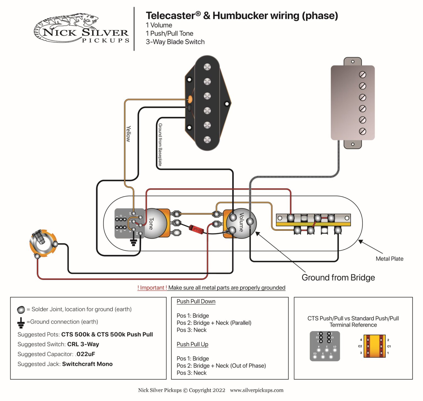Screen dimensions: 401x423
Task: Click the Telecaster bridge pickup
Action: (207, 103)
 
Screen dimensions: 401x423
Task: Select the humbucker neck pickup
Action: (352, 103)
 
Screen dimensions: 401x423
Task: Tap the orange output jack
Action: (43, 243)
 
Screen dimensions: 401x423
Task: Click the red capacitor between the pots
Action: (196, 229)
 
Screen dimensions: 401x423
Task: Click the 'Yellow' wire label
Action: (128, 134)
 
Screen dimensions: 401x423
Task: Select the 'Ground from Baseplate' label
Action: (160, 145)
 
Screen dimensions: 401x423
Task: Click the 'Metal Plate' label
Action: (389, 259)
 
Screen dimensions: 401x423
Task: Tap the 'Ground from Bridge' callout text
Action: (338, 277)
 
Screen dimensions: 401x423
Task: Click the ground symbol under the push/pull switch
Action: (134, 242)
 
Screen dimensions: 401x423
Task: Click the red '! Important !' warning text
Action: (152, 287)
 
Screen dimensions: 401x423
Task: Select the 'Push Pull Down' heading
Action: (196, 301)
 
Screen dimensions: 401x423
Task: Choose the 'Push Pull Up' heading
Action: (192, 344)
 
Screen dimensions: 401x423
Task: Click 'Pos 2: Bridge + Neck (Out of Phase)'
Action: (221, 366)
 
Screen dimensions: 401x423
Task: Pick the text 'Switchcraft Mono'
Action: (87, 364)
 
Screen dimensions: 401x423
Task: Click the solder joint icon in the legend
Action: (21, 310)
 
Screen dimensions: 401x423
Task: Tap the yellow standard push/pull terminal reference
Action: (374, 346)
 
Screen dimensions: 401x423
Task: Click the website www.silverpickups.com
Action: (256, 390)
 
